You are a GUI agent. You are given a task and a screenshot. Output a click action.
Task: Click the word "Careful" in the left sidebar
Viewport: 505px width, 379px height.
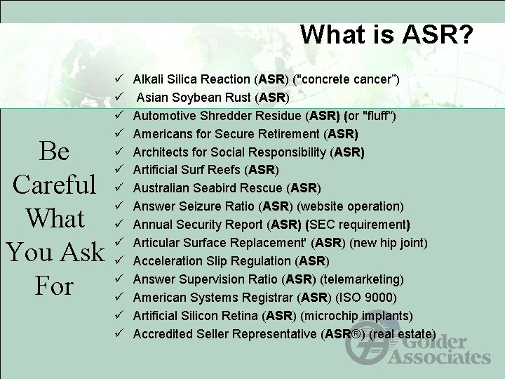55,185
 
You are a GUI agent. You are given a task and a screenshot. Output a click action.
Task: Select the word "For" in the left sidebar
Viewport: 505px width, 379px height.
55,286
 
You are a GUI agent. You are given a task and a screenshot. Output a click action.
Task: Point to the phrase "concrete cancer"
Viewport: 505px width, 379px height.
348,79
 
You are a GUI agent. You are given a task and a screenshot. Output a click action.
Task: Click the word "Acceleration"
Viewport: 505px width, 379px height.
165,261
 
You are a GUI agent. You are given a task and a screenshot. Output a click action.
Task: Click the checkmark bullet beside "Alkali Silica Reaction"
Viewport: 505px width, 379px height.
120,79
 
